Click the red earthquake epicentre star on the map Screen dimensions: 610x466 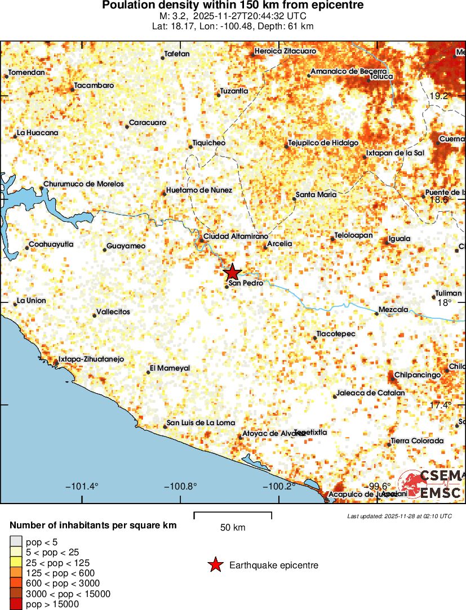pyautogui.click(x=232, y=273)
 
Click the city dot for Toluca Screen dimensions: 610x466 pyautogui.click(x=369, y=80)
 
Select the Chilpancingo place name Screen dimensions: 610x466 pyautogui.click(x=417, y=375)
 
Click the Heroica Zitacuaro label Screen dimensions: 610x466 pyautogui.click(x=285, y=51)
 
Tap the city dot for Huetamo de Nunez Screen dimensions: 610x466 pyautogui.click(x=164, y=194)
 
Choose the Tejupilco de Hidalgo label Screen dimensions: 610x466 pyautogui.click(x=323, y=143)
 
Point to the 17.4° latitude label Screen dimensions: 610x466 pyautogui.click(x=440, y=405)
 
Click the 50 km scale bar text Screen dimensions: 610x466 pyautogui.click(x=233, y=528)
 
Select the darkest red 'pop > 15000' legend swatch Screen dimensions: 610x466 pyautogui.click(x=16, y=604)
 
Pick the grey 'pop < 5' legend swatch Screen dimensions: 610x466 pyautogui.click(x=16, y=542)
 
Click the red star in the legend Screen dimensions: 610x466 pyautogui.click(x=215, y=565)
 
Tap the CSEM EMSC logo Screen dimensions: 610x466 pyautogui.click(x=431, y=484)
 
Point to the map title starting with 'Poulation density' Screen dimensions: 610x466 pyautogui.click(x=233, y=6)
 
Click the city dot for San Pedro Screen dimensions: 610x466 pyautogui.click(x=227, y=287)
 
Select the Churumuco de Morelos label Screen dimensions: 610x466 pyautogui.click(x=83, y=184)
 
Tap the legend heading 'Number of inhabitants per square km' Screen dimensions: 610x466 pyautogui.click(x=94, y=526)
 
